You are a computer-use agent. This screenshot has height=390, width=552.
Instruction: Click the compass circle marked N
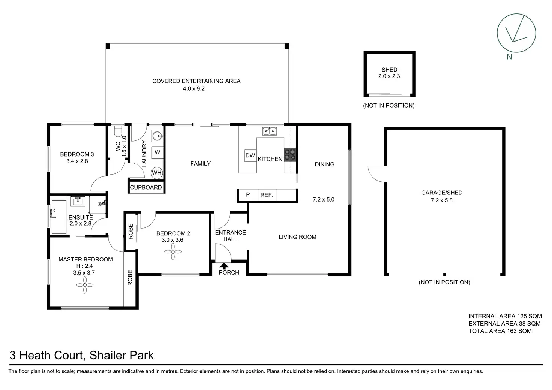coord(497,33)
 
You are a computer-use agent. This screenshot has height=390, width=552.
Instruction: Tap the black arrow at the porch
coord(224,266)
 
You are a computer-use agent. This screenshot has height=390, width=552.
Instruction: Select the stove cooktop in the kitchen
coord(290,155)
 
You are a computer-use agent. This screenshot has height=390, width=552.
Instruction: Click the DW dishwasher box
coord(250,155)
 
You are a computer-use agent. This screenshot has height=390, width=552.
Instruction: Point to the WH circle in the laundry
coord(157,173)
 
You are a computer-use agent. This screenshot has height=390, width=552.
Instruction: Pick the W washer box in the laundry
coord(157,152)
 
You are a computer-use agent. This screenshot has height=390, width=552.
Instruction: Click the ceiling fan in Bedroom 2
coord(173,252)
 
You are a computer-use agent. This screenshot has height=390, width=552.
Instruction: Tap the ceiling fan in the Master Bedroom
coord(85,285)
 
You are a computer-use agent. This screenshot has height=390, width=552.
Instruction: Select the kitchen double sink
coord(269,131)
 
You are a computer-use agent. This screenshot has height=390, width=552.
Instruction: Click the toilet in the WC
coord(118,131)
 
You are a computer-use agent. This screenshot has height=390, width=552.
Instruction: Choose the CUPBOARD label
coord(146,187)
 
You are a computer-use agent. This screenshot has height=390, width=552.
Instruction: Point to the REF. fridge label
coord(267,195)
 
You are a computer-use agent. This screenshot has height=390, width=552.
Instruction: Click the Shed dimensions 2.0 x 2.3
coord(389,76)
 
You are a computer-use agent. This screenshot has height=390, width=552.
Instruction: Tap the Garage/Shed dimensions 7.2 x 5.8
coord(442,200)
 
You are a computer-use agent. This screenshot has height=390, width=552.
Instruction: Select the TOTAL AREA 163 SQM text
coord(500,331)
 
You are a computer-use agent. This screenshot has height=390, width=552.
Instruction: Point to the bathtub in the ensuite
coord(59,217)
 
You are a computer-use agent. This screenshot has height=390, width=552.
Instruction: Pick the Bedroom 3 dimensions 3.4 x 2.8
coord(77,161)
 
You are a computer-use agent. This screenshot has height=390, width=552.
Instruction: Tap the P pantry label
coord(248,195)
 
